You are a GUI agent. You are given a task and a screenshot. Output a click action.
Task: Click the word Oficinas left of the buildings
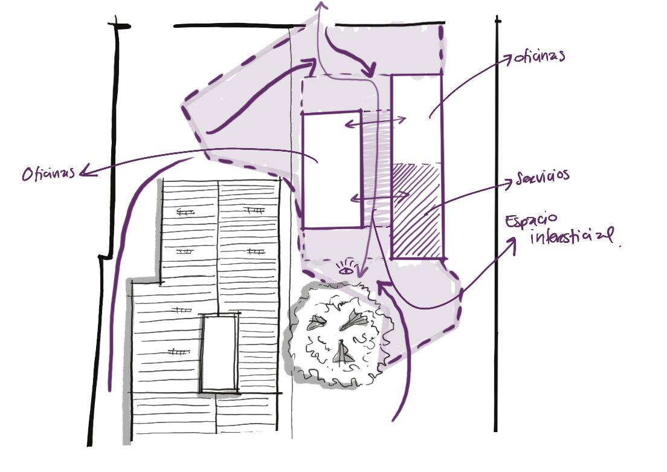(x=49, y=173)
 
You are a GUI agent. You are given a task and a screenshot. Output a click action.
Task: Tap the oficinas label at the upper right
(x=538, y=57)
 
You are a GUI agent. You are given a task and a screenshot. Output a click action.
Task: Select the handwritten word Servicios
(x=543, y=176)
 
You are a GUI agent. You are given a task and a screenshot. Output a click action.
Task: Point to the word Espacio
(x=532, y=222)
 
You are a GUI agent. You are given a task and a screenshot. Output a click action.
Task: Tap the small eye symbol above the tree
(x=346, y=270)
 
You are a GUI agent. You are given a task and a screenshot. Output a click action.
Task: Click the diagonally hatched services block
(x=417, y=210)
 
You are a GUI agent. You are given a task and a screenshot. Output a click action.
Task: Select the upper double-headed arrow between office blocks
(x=375, y=123)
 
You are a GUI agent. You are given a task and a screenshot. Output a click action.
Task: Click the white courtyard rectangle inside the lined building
(x=218, y=353)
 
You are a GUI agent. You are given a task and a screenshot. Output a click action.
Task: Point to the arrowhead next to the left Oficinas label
(x=85, y=172)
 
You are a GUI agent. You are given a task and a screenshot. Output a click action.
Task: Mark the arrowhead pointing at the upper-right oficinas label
(x=507, y=58)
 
